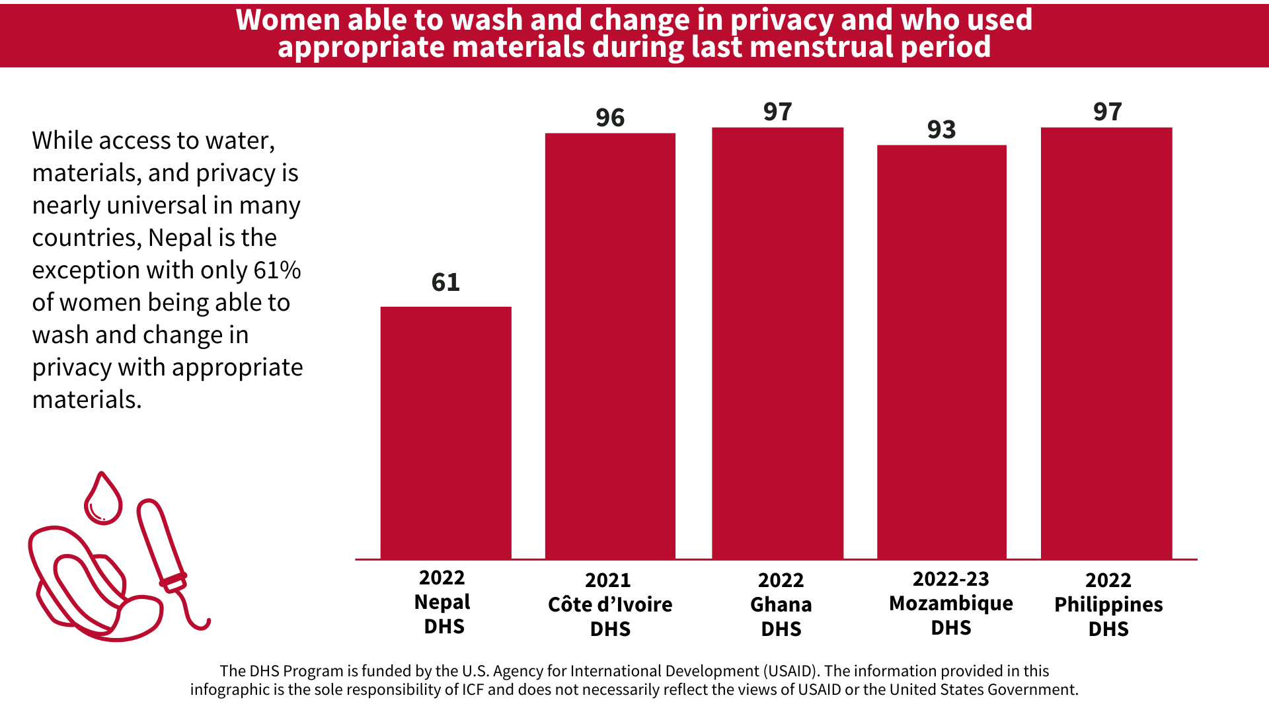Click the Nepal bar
[x=445, y=433]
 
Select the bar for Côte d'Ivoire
[x=610, y=346]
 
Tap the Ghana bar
[x=777, y=344]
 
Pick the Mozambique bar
[x=941, y=352]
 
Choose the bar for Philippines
[x=1106, y=344]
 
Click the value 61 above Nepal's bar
[x=445, y=283]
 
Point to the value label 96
[x=610, y=118]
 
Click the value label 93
[x=941, y=130]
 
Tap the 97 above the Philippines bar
[x=1107, y=112]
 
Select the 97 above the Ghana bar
[x=777, y=112]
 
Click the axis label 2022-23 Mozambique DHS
[x=950, y=603]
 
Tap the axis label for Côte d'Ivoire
[x=610, y=604]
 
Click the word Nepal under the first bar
[x=442, y=602]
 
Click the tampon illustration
[x=162, y=545]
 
